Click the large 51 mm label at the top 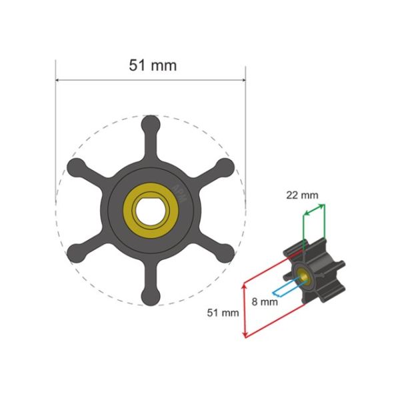pos(152,65)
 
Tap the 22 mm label pos(302,195)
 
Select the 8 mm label pos(265,301)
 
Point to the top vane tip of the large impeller pos(151,125)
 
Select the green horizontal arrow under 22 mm pos(315,207)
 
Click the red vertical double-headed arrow pos(245,310)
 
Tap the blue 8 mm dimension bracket pos(287,287)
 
